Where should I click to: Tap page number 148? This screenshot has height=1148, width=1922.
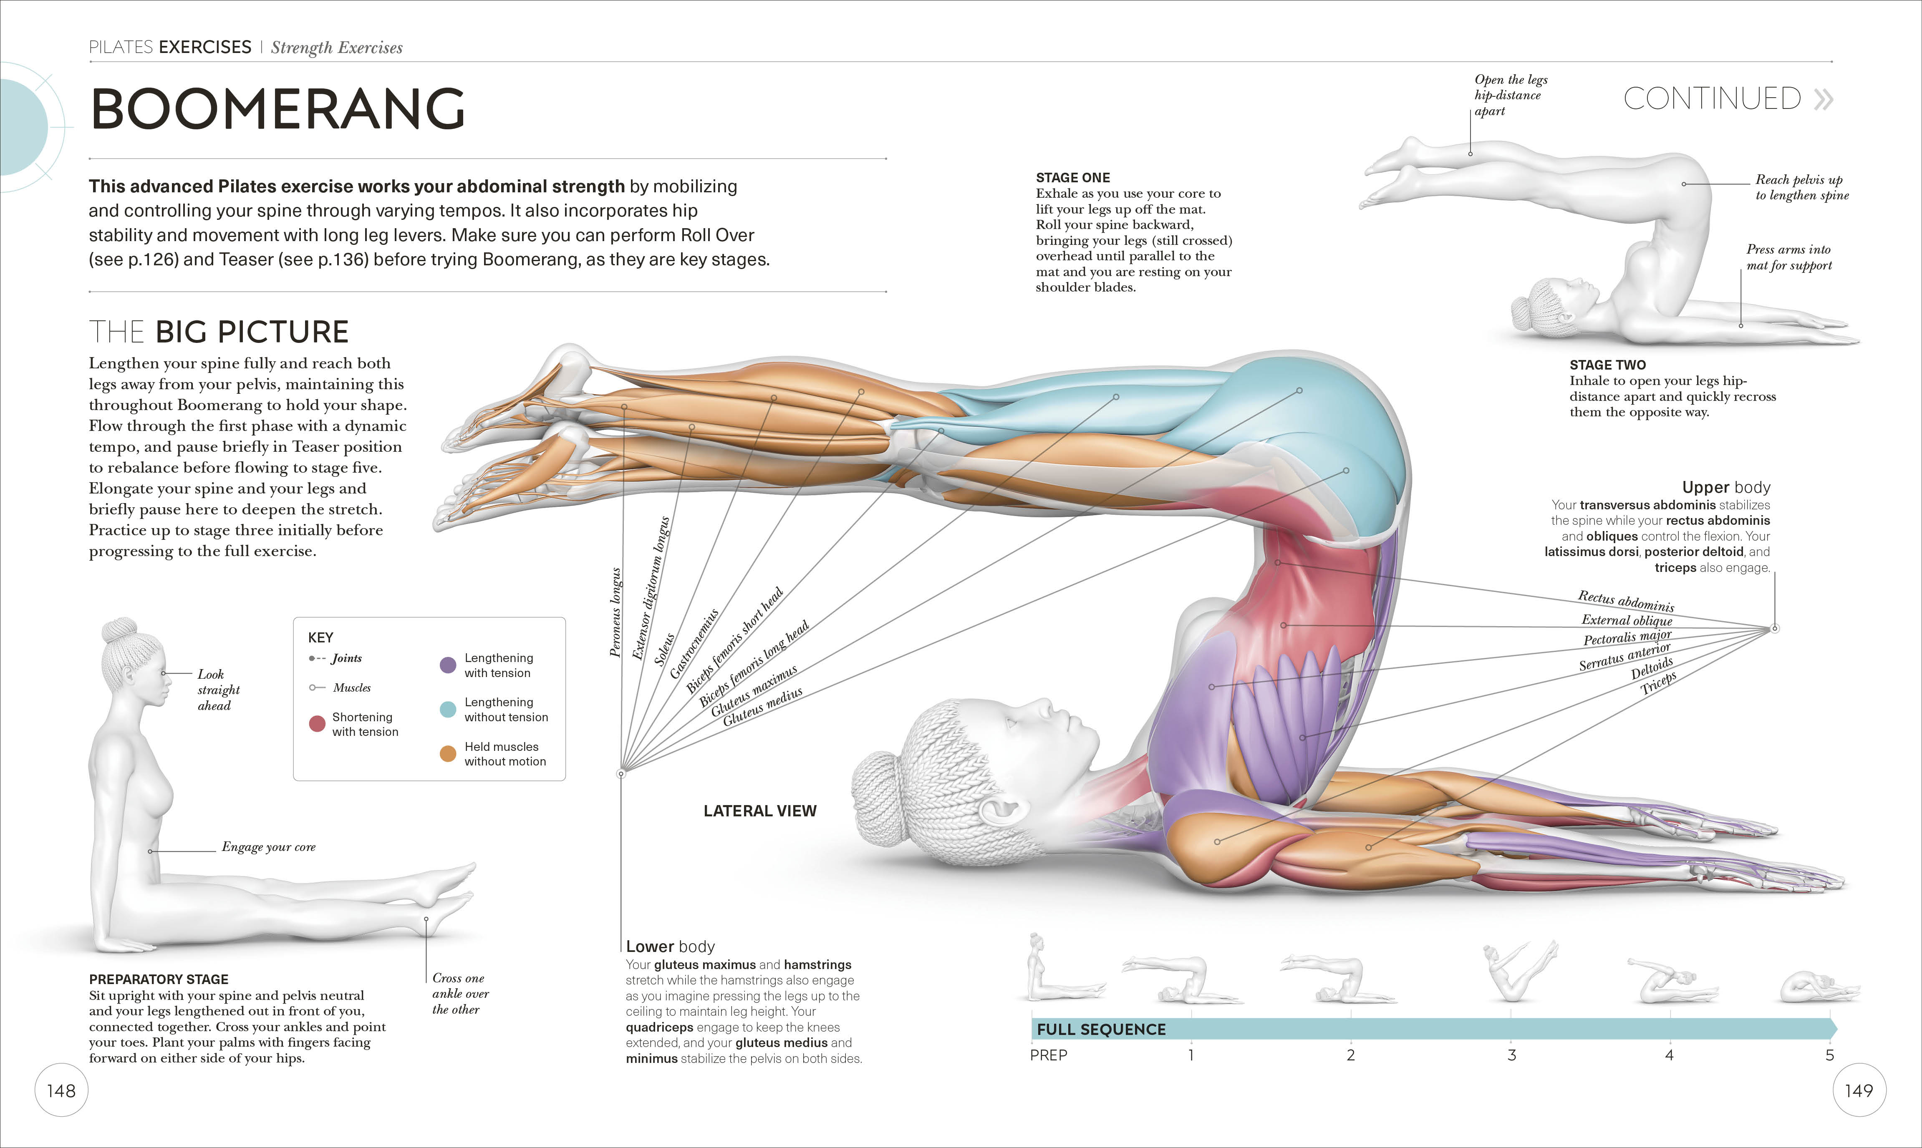click(61, 1091)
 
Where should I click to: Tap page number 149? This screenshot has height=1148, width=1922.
click(1859, 1091)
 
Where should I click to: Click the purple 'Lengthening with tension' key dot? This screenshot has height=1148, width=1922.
click(447, 665)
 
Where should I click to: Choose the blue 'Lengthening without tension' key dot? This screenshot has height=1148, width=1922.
click(447, 710)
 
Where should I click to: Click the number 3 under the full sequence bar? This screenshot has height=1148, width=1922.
click(1511, 1055)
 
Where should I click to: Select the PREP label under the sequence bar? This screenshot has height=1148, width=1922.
click(1049, 1055)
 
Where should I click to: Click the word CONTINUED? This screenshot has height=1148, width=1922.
click(1712, 99)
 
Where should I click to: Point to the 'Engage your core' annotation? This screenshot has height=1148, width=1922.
click(268, 847)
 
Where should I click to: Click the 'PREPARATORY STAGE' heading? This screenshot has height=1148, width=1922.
click(159, 979)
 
